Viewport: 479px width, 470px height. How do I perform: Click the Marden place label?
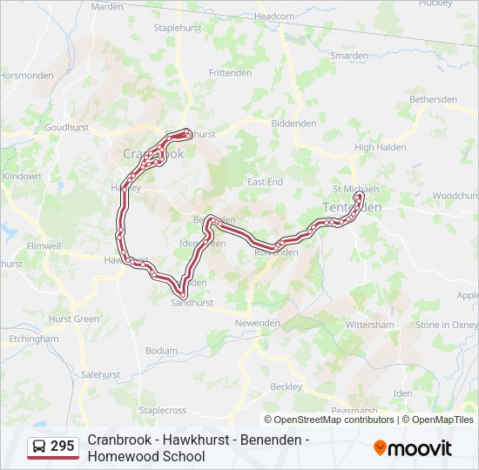pyautogui.click(x=107, y=7)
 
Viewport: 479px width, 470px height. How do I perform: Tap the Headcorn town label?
pyautogui.click(x=275, y=17)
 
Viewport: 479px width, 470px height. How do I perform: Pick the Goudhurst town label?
pyautogui.click(x=67, y=127)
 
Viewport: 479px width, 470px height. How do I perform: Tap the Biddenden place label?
pyautogui.click(x=293, y=124)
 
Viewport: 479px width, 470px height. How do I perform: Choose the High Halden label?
pyautogui.click(x=381, y=148)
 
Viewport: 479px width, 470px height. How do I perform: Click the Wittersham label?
pyautogui.click(x=370, y=324)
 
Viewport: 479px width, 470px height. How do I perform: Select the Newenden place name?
pyautogui.click(x=257, y=323)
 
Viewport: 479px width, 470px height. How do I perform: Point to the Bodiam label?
pyautogui.click(x=161, y=351)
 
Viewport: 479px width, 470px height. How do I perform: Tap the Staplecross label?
pyautogui.click(x=163, y=410)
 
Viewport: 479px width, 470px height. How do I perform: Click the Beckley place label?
pyautogui.click(x=286, y=386)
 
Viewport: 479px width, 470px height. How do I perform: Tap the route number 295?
pyautogui.click(x=63, y=446)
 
